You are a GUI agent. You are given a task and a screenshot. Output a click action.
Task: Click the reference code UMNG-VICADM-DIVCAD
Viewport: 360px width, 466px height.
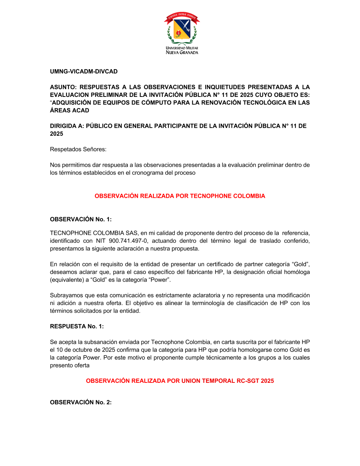click(84, 71)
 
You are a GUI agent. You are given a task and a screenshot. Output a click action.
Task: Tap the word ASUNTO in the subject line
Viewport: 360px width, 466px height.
click(63, 87)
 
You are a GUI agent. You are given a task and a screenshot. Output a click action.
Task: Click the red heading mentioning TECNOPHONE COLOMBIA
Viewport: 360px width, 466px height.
click(180, 196)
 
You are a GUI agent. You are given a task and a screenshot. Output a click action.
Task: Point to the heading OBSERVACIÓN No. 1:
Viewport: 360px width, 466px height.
click(81, 219)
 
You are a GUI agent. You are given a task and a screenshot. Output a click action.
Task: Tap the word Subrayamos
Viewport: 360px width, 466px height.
click(67, 295)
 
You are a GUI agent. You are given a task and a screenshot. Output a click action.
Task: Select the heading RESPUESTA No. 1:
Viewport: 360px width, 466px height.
click(77, 326)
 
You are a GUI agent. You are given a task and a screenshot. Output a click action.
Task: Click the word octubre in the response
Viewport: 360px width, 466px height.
click(75, 350)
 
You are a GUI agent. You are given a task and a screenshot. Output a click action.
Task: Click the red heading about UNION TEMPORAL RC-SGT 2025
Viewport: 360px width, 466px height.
click(180, 381)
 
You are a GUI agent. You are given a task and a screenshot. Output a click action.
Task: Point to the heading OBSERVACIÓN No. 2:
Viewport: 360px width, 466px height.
click(81, 402)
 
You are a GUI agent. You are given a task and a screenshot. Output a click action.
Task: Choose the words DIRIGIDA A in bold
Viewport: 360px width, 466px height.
click(66, 126)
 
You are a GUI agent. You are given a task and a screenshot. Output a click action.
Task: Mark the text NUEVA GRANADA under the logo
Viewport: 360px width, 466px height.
click(182, 53)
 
